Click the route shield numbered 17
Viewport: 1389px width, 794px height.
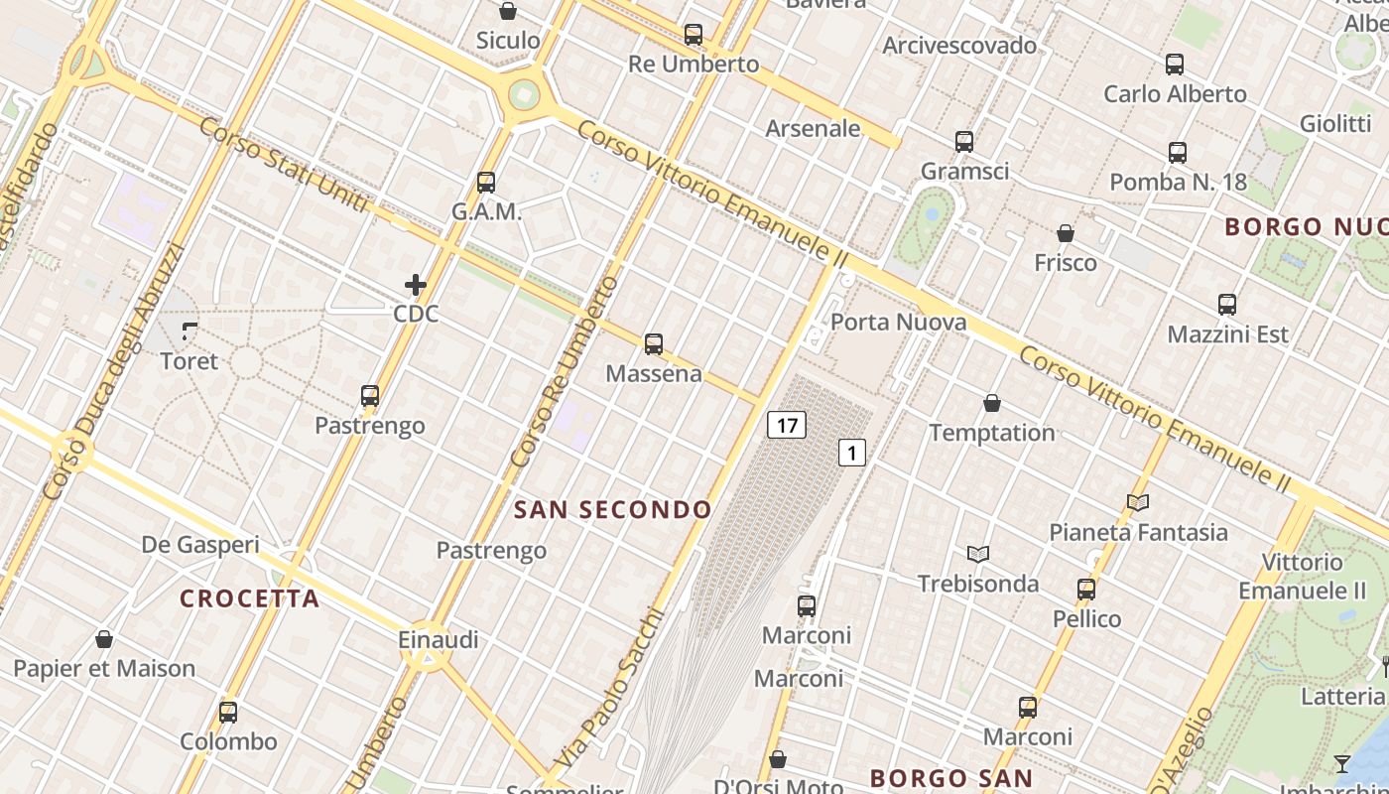pos(787,426)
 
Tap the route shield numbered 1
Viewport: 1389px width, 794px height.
pos(852,453)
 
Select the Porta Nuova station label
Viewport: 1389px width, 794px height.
pos(898,322)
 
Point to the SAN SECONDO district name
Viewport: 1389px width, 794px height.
pos(613,510)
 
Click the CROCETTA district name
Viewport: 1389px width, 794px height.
pos(250,598)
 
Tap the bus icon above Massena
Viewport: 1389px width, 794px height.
pos(654,344)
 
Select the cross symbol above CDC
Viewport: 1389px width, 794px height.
pos(416,286)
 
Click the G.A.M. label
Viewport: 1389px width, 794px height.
pos(486,211)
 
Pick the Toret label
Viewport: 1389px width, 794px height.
pos(189,361)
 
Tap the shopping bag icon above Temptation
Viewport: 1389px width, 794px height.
pos(992,403)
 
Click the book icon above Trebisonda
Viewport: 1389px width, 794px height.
pos(978,554)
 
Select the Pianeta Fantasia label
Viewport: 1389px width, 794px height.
pos(1138,532)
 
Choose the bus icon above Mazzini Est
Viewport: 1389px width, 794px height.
pos(1227,305)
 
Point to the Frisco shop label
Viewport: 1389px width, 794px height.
pos(1066,263)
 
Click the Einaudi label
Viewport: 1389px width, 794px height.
pos(438,640)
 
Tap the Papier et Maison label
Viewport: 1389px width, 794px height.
pos(104,668)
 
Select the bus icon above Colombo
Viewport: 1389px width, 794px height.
pos(228,712)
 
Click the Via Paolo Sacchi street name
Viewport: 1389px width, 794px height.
pos(607,688)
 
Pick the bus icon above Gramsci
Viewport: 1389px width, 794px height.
pos(964,142)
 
